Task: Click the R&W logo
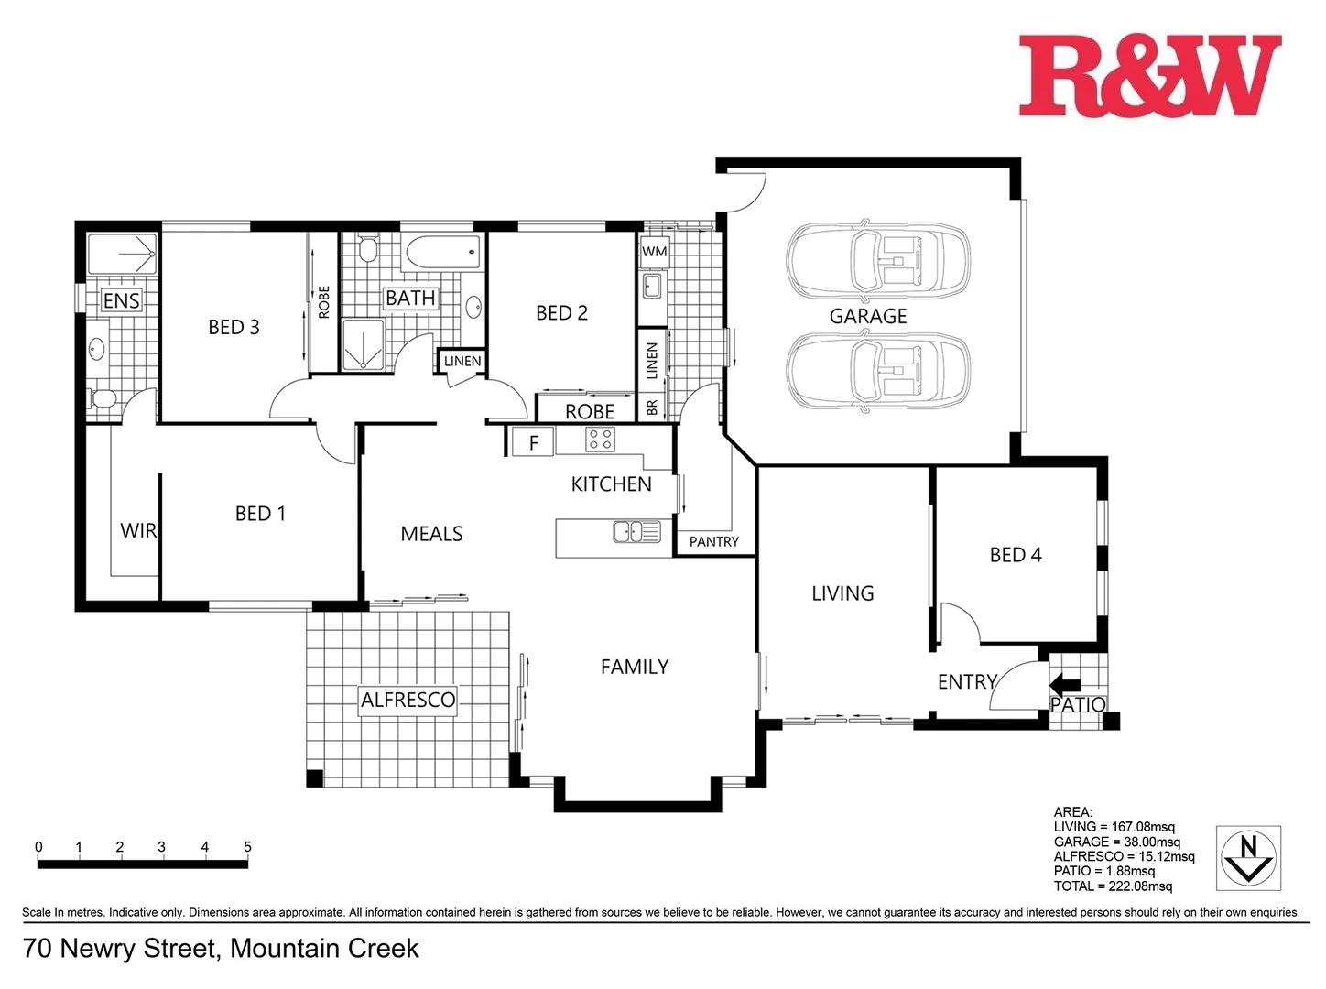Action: [x=1149, y=76]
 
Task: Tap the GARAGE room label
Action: [x=867, y=317]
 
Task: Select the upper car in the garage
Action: [x=877, y=261]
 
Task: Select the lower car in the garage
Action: [x=877, y=371]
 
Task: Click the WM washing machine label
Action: [x=654, y=252]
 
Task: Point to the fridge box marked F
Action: [x=533, y=443]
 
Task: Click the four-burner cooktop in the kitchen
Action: [x=600, y=440]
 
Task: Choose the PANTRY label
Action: [x=713, y=542]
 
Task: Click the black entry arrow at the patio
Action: [x=1064, y=684]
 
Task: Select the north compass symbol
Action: [x=1247, y=857]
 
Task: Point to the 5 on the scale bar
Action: [x=247, y=847]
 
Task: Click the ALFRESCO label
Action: [x=408, y=701]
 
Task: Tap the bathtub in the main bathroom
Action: [x=441, y=253]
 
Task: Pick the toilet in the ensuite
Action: [x=102, y=399]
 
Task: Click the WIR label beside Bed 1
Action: [x=138, y=531]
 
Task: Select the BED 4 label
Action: [x=1015, y=555]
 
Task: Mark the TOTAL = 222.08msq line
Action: [x=1112, y=886]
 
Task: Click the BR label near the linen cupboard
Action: [x=652, y=408]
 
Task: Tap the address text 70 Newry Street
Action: [x=221, y=949]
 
